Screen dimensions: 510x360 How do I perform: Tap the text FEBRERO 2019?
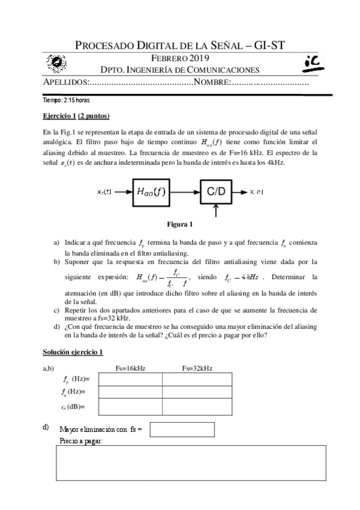pos(180,58)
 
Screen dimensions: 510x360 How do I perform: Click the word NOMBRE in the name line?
pos(212,82)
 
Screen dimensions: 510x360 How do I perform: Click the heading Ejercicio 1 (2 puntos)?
pos(76,115)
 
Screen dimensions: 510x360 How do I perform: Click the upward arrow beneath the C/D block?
pos(216,212)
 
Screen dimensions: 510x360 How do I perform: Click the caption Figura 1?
pos(180,225)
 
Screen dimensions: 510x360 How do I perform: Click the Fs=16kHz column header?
pos(130,368)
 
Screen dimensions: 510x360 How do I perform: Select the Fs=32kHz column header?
pos(197,368)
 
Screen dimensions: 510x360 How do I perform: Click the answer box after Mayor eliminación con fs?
pos(182,429)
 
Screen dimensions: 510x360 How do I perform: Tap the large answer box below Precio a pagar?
pos(191,462)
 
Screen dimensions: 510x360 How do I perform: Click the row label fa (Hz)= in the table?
pos(75,392)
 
